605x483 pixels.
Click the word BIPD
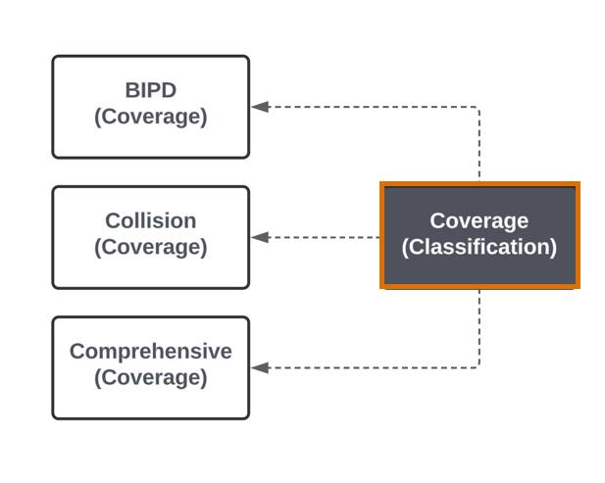pyautogui.click(x=151, y=90)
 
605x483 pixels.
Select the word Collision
pyautogui.click(x=151, y=220)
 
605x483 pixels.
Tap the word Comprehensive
pyautogui.click(x=151, y=352)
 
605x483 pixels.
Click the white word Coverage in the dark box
pyautogui.click(x=479, y=220)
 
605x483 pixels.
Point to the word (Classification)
pyautogui.click(x=479, y=247)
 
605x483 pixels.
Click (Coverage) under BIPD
pyautogui.click(x=151, y=117)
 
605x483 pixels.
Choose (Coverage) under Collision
pyautogui.click(x=151, y=247)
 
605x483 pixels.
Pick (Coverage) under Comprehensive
pyautogui.click(x=151, y=377)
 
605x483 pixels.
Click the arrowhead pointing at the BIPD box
pyautogui.click(x=260, y=107)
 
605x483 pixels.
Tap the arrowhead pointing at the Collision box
pyautogui.click(x=260, y=237)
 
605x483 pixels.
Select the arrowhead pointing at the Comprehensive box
pyautogui.click(x=260, y=367)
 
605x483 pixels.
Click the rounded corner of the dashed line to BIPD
pyautogui.click(x=479, y=109)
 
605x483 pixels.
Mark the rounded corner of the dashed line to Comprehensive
pyautogui.click(x=479, y=366)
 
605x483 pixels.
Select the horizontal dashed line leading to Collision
pyautogui.click(x=325, y=237)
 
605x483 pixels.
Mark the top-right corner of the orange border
pyautogui.click(x=580, y=181)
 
